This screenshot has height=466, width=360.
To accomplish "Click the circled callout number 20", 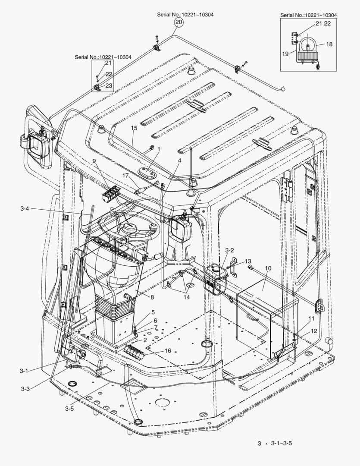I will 178,22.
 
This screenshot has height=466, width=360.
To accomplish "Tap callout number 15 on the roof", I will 134,129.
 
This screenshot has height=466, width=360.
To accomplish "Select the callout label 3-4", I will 25,209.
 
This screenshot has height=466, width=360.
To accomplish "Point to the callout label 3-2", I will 229,250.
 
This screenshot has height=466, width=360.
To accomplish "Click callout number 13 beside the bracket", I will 248,261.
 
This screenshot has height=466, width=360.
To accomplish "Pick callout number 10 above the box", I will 268,268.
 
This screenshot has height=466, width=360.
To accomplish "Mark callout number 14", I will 186,297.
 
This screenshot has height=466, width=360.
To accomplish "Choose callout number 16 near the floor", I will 168,351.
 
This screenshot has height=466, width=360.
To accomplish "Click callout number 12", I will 313,331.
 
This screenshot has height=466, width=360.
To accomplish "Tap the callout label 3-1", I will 24,371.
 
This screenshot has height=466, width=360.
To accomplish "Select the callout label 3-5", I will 69,408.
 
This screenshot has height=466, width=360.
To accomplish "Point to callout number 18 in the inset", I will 329,44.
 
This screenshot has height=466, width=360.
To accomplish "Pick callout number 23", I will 109,86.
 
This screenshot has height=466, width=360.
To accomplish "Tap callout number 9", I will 94,161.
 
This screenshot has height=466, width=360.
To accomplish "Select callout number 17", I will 125,176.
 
